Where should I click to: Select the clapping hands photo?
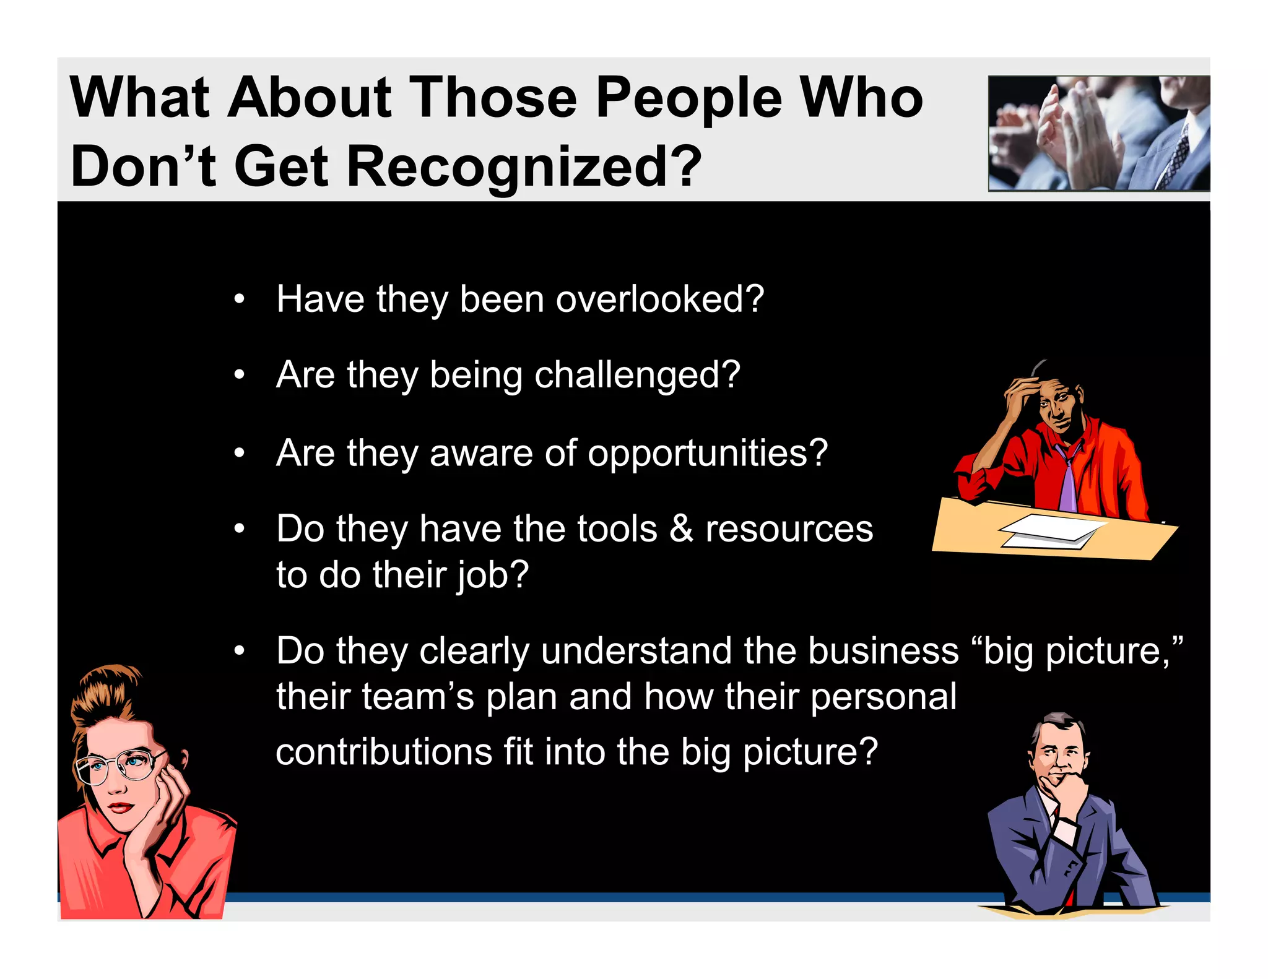1098,133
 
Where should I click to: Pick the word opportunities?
707,454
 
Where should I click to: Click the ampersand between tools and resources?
681,529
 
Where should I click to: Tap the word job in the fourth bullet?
493,576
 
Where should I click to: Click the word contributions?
384,753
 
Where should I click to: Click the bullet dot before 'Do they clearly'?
240,652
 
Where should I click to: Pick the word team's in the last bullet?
418,697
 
